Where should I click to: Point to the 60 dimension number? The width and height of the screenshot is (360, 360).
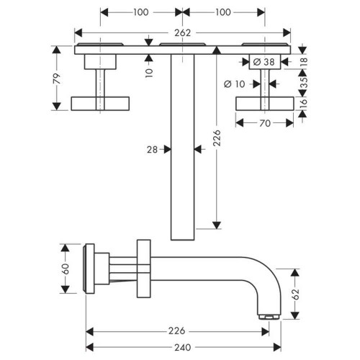pyautogui.click(x=66, y=268)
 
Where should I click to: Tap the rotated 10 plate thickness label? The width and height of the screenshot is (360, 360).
pyautogui.click(x=148, y=71)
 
